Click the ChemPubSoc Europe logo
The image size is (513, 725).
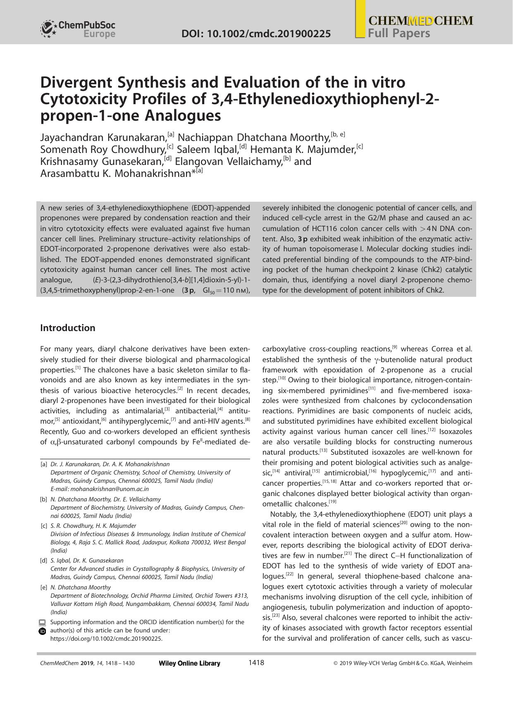[x=78, y=29]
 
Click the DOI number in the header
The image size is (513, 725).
[x=256, y=33]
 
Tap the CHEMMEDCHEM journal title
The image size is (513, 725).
[x=420, y=21]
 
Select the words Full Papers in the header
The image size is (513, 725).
[x=399, y=33]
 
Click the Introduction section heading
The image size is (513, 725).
[x=67, y=328]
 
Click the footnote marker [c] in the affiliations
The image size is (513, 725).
[x=44, y=526]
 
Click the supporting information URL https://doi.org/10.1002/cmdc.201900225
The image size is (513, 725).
[x=106, y=639]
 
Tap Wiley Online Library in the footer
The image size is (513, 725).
[x=189, y=663]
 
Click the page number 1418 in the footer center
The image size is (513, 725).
[x=256, y=663]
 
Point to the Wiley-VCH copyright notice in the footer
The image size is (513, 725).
[x=402, y=663]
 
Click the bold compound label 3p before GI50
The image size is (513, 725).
[x=189, y=290]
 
